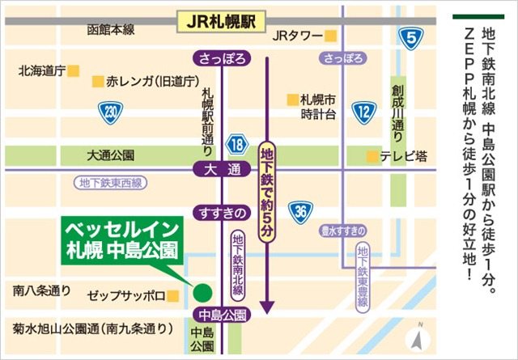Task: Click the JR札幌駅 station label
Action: [221, 21]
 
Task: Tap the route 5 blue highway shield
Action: [413, 36]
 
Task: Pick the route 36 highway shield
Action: [301, 212]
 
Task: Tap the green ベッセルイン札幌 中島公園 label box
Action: [123, 239]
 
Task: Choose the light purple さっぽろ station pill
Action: [342, 58]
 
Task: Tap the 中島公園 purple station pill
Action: [220, 314]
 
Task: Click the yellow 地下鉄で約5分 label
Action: [267, 191]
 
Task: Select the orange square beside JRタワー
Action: [330, 36]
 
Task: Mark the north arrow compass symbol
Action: [418, 337]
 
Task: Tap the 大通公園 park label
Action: [111, 155]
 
